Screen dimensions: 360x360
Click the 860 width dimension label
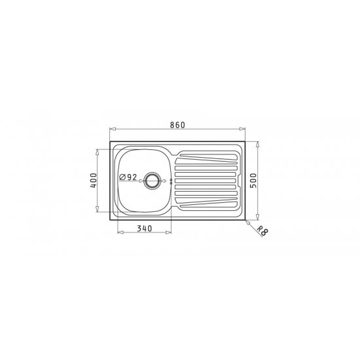177,125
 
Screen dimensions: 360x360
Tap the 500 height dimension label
253,181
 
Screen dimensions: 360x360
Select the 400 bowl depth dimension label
94,181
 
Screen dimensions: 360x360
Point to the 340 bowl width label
145,228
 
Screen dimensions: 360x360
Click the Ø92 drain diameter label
128,177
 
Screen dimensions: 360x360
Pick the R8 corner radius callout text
262,230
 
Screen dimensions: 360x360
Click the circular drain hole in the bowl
152,181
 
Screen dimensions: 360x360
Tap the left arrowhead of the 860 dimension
113,129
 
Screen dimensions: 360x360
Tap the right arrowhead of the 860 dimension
242,129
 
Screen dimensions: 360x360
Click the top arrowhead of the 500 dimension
258,145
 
